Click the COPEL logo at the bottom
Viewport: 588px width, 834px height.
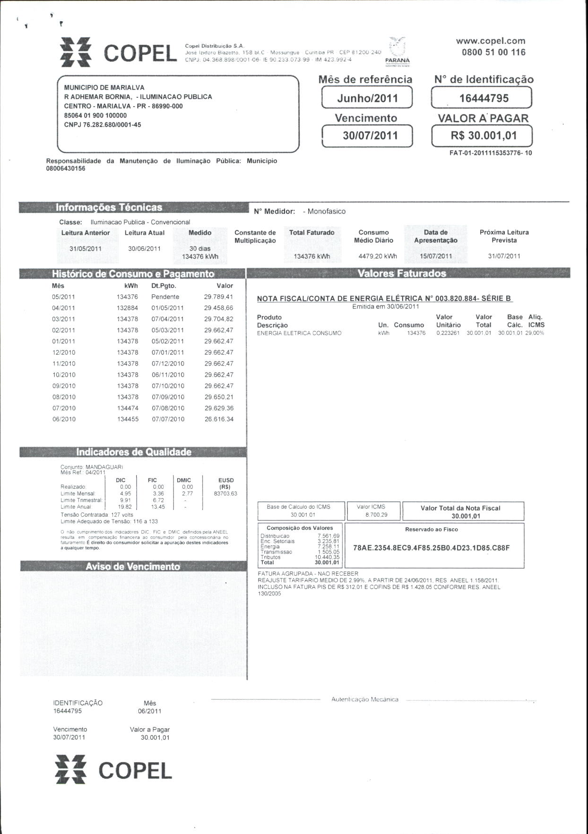pos(113,770)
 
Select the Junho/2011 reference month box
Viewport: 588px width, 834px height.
pos(367,98)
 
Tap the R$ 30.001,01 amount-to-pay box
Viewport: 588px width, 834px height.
pos(482,136)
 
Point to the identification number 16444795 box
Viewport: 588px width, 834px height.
pos(482,98)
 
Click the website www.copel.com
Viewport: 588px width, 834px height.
pos(491,41)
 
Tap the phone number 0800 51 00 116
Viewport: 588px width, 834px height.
pos(493,52)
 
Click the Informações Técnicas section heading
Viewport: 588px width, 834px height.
pos(109,207)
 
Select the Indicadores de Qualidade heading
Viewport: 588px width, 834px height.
pos(134,452)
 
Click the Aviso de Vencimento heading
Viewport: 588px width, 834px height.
pos(133,566)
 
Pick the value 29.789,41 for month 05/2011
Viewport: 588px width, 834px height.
pos(218,297)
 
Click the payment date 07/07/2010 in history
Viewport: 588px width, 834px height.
pos(168,419)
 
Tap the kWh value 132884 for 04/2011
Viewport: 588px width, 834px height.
pos(128,308)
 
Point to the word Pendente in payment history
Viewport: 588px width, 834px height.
pos(165,297)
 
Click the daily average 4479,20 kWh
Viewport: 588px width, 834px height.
pos(378,256)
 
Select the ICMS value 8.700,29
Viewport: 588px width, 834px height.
pos(376,515)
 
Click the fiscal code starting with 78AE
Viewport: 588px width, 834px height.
pos(431,548)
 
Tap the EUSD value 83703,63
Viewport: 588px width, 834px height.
pos(225,494)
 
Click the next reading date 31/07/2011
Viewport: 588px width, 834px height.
pos(504,256)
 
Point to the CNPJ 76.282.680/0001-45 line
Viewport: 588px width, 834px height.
pos(103,125)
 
